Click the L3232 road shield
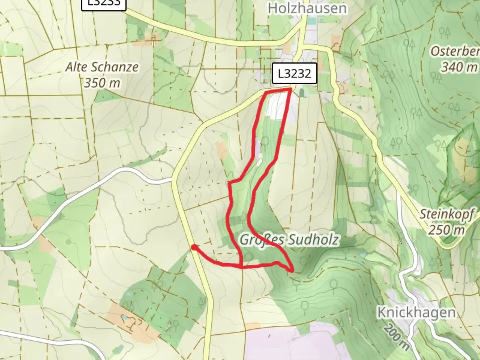294,73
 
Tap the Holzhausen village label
307,8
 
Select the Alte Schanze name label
102,67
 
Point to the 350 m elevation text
102,83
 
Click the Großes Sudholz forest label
289,240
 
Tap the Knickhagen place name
416,313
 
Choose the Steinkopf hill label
446,214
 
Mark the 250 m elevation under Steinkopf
446,230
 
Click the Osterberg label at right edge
455,51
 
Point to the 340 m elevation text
459,67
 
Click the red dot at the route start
194,247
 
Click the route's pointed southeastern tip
293,271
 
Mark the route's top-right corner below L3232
291,89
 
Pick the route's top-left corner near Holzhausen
266,92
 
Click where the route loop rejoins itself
242,266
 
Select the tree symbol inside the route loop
265,141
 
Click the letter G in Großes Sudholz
245,240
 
